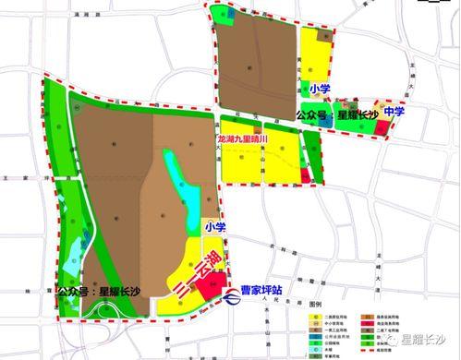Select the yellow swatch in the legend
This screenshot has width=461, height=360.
tap(317, 313)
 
